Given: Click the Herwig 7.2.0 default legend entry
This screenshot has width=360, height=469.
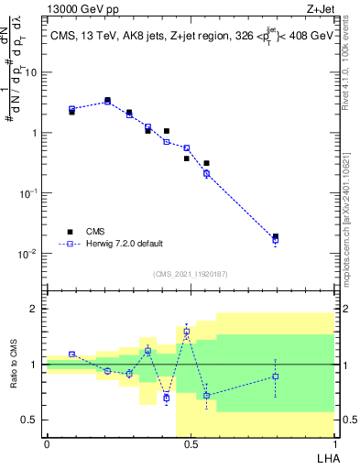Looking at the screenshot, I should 124,244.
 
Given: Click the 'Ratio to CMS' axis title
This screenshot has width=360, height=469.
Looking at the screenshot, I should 13,365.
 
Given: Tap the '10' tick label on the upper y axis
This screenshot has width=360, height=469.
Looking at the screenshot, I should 30,72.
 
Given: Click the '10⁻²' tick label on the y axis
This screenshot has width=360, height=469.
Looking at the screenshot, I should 27,253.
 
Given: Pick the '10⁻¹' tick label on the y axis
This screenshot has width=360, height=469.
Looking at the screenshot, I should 27,193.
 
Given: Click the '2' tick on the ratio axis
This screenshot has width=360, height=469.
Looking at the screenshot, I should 36,309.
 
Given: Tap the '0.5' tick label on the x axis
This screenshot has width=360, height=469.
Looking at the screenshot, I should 190,443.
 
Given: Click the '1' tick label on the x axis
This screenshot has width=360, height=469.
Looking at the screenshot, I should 333,443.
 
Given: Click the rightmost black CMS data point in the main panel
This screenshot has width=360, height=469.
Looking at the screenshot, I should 276,236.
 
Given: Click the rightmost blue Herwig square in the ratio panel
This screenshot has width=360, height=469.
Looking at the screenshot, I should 276,376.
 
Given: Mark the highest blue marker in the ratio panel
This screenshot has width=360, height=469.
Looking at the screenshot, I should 187,332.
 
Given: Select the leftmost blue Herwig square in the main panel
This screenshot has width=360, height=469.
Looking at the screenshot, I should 72,109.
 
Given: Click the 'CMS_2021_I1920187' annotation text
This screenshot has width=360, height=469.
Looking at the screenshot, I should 191,274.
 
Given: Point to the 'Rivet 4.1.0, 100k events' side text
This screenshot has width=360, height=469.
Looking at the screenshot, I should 350,73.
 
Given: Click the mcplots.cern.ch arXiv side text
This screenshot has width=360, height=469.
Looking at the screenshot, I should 350,211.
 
